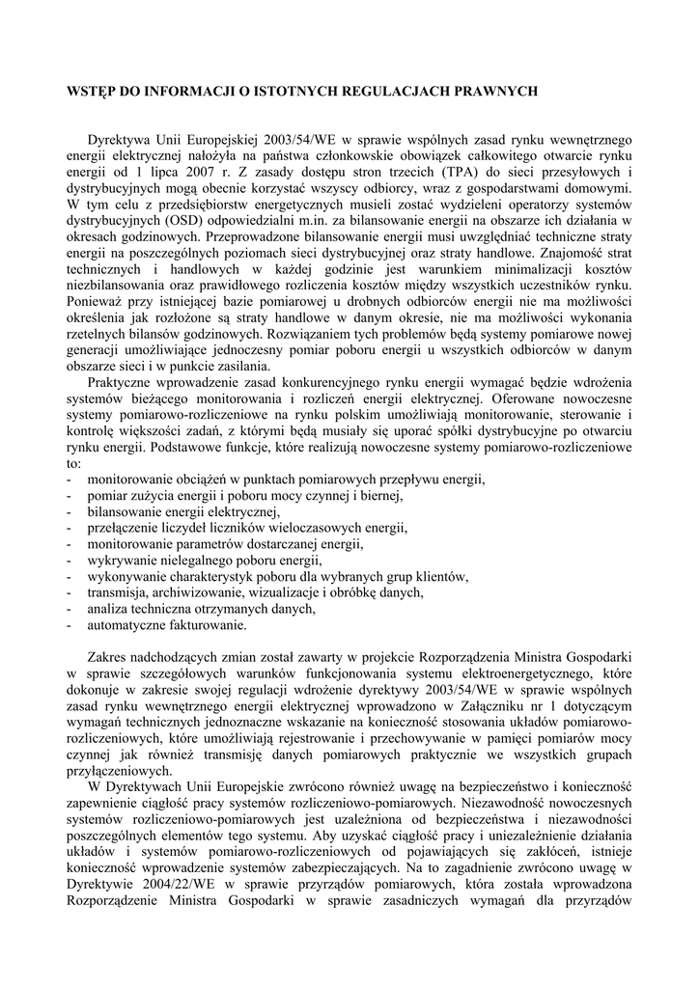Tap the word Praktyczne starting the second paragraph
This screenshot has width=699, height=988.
click(120, 380)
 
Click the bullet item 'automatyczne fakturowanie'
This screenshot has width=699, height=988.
click(161, 625)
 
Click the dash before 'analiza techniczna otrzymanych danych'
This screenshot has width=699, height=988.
click(70, 609)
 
